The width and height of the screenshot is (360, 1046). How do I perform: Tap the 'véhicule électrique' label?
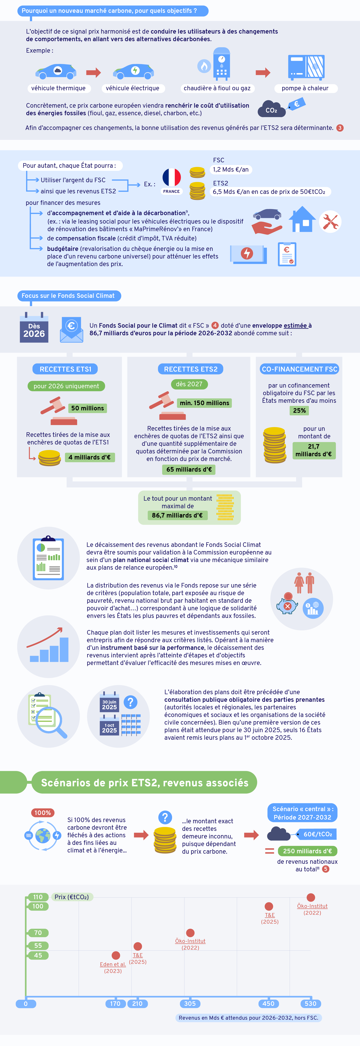point(133,88)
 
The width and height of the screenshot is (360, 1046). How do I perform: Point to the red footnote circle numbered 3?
point(340,128)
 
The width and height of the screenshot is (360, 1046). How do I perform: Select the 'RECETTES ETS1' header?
point(65,369)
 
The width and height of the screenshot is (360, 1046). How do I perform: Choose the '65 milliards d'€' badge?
point(189,469)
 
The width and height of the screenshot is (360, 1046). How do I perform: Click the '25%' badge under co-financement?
point(300,411)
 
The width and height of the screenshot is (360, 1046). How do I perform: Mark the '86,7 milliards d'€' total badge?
point(177,515)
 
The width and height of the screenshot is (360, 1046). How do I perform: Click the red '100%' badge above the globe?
point(43,812)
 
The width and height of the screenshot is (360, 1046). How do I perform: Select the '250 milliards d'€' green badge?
point(308,851)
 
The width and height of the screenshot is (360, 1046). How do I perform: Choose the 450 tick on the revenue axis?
point(268,1003)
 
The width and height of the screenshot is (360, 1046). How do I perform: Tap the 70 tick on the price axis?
point(38,933)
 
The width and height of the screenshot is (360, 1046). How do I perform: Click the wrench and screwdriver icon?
point(330,222)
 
